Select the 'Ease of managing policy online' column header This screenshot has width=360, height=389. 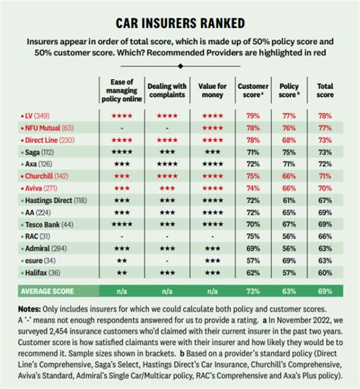[x=123, y=90]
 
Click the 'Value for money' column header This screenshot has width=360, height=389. [x=212, y=90]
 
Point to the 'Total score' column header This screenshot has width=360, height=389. [x=324, y=90]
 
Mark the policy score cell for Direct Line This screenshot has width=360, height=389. [x=288, y=140]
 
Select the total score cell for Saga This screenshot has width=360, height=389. [x=324, y=152]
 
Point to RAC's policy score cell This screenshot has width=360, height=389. [x=288, y=236]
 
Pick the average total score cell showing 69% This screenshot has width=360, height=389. [x=324, y=291]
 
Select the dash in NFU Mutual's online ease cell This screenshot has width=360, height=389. [x=123, y=128]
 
